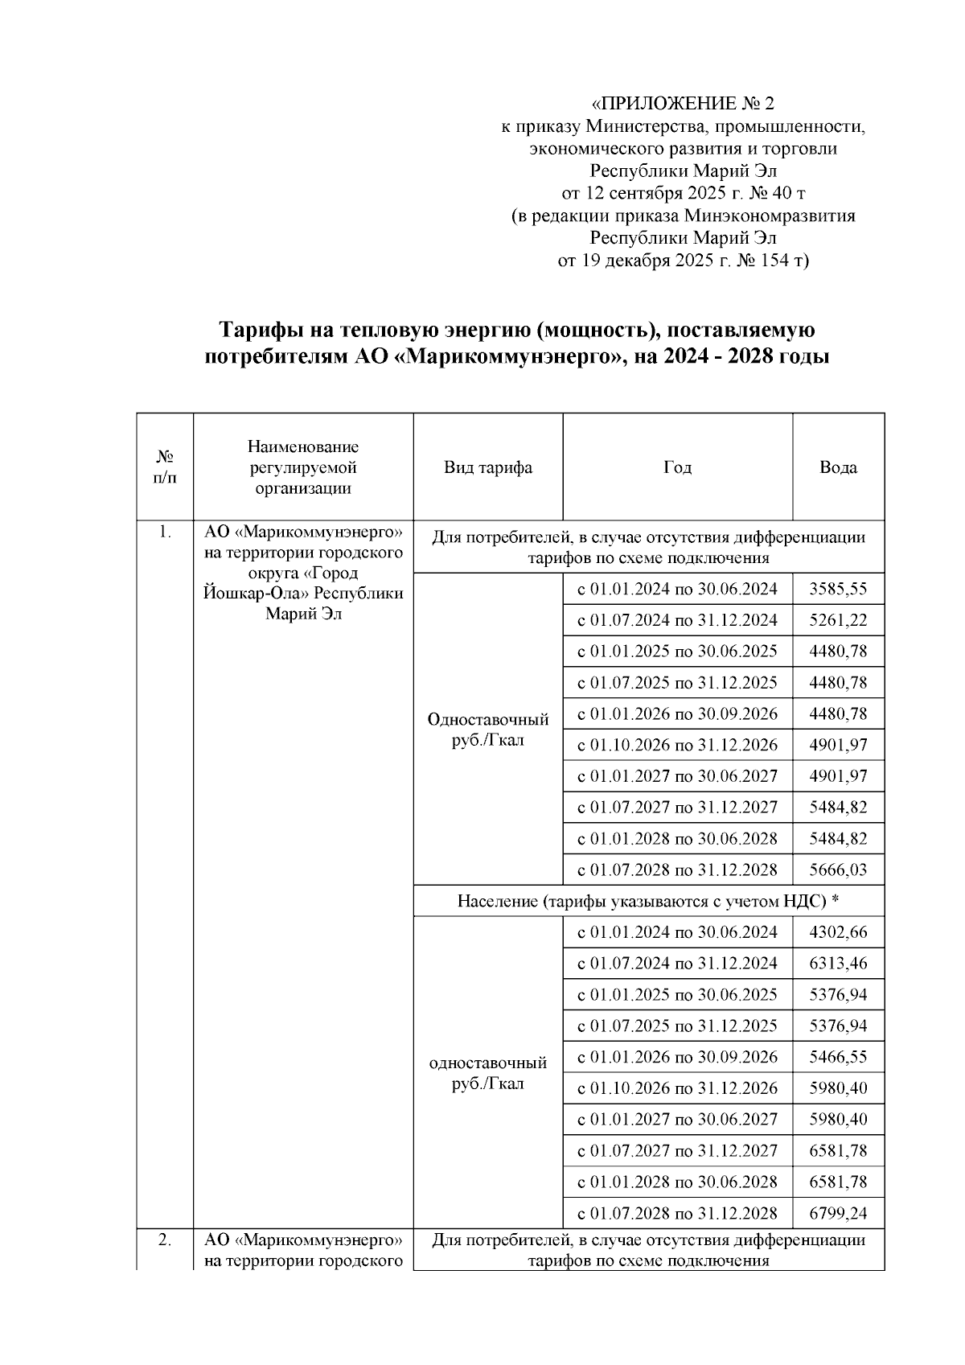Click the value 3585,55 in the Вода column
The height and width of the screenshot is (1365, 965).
(838, 589)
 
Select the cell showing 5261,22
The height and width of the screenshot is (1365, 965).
(838, 620)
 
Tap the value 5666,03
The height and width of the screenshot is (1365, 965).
(838, 870)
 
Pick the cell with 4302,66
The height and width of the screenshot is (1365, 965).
(838, 932)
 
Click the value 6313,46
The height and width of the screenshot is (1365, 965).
(838, 964)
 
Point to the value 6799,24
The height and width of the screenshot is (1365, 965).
(838, 1213)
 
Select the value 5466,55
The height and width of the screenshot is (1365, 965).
(838, 1057)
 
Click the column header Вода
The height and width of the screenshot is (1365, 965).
(838, 467)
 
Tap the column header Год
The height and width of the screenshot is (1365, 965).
(677, 467)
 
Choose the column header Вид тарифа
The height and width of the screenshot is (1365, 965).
(487, 467)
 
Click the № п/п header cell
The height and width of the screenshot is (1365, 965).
(165, 467)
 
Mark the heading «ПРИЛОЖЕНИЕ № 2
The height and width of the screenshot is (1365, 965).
(683, 104)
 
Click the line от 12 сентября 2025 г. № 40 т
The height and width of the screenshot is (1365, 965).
(683, 193)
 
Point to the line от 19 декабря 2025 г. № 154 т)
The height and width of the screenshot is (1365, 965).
(683, 261)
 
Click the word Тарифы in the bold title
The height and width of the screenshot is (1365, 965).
(260, 331)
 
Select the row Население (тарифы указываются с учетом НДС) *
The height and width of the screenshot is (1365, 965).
(648, 901)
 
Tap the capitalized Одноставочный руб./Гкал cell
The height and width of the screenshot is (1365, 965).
(487, 729)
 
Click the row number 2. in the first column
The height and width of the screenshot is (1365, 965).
(164, 1240)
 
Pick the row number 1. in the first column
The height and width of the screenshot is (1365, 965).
(164, 532)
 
